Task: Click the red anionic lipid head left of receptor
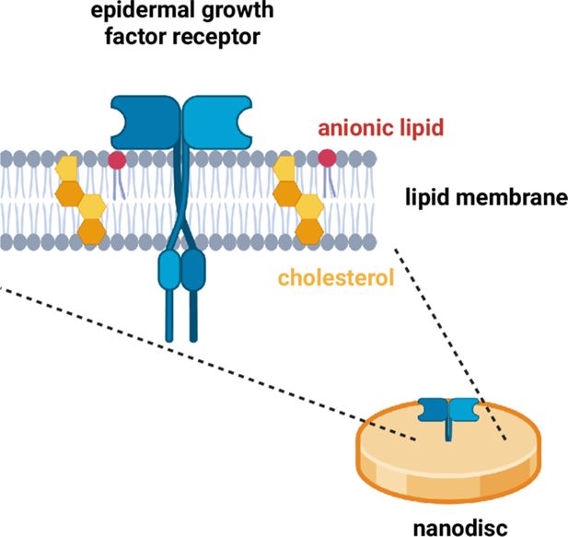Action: coord(117,161)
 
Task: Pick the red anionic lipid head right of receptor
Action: coord(327,158)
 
